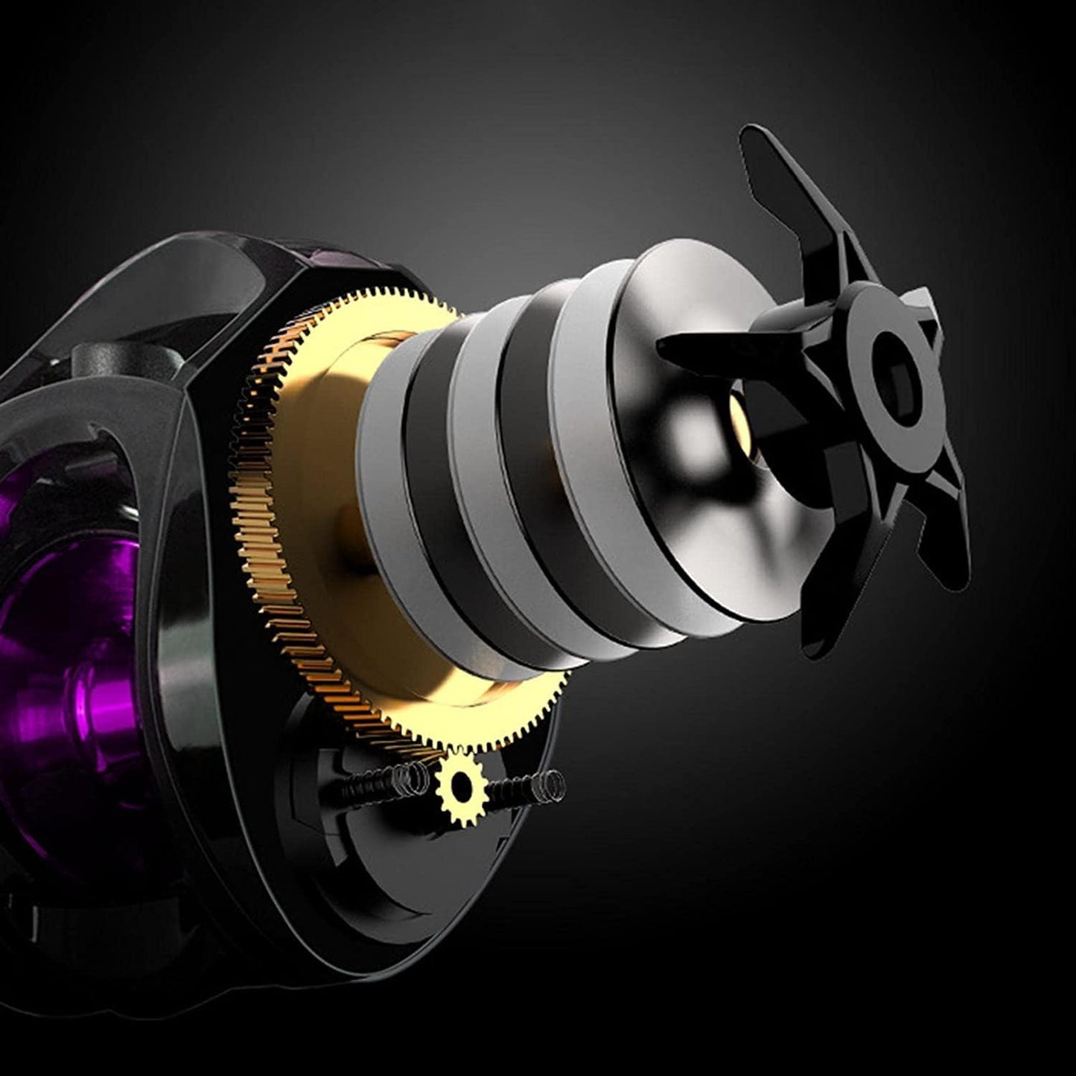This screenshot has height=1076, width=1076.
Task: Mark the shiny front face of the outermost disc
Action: coord(655,477)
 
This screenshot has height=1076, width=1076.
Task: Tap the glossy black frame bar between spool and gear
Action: coord(186,633)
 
